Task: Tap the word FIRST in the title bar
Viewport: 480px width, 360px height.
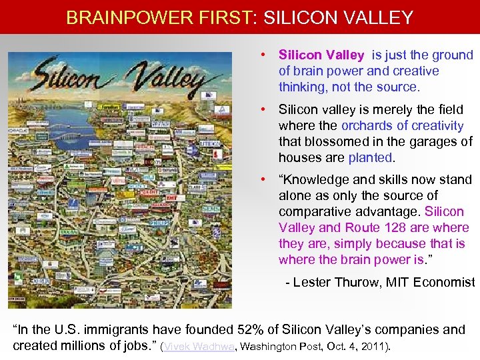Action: click(219, 17)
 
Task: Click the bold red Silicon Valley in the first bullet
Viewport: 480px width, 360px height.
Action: click(321, 55)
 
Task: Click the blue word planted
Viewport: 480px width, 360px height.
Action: click(371, 157)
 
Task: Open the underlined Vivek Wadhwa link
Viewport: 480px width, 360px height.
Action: click(201, 347)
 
